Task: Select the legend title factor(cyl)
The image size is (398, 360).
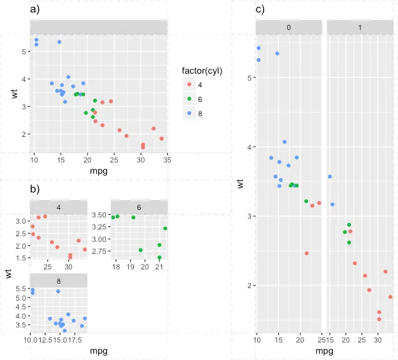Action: (x=202, y=71)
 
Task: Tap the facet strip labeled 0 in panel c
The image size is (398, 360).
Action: (x=288, y=27)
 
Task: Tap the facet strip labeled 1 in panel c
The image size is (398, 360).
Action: (x=360, y=27)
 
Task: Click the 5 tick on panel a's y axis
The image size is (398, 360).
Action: (x=24, y=51)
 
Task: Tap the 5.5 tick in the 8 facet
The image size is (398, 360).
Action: (x=20, y=289)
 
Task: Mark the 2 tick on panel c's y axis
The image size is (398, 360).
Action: (x=248, y=286)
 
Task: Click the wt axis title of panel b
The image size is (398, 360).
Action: (x=8, y=273)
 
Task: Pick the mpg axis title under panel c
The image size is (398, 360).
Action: (x=324, y=351)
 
